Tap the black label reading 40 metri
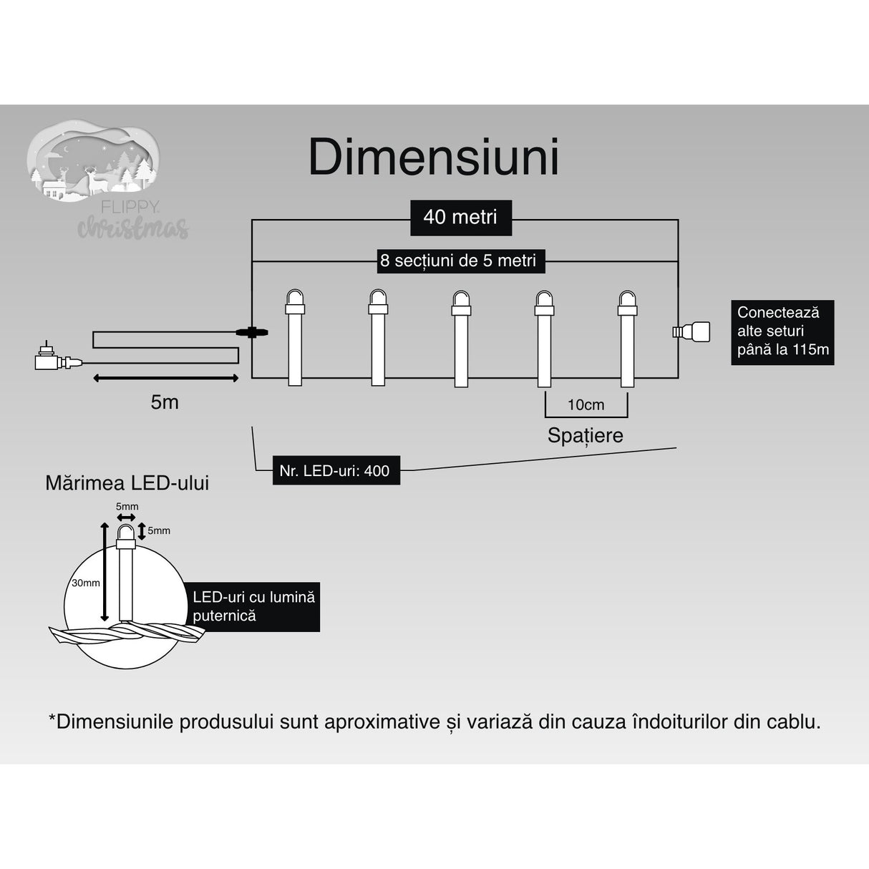[460, 217]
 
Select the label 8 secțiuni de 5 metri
[458, 261]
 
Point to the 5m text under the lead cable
[165, 402]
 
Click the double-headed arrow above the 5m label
[166, 378]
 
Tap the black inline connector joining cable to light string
[251, 332]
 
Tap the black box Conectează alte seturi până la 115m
[782, 331]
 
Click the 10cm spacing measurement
[586, 405]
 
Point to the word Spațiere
[585, 435]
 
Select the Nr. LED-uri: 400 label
[335, 470]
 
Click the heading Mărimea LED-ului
[127, 483]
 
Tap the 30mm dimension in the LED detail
[85, 583]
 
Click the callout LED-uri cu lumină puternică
[254, 606]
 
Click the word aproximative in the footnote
[382, 722]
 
